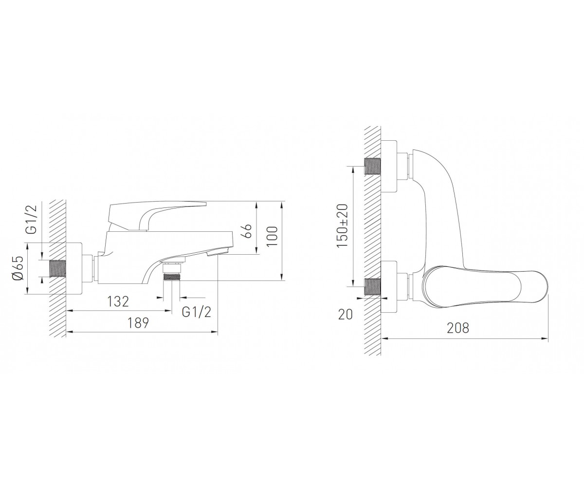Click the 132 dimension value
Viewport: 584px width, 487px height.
(118, 301)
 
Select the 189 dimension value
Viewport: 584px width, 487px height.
(138, 323)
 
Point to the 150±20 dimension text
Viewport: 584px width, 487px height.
(342, 225)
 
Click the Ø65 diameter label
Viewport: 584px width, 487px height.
(18, 268)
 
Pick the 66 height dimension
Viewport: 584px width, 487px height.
(247, 231)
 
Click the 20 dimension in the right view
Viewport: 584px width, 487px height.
(346, 314)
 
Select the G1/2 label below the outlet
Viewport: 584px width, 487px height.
(196, 312)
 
